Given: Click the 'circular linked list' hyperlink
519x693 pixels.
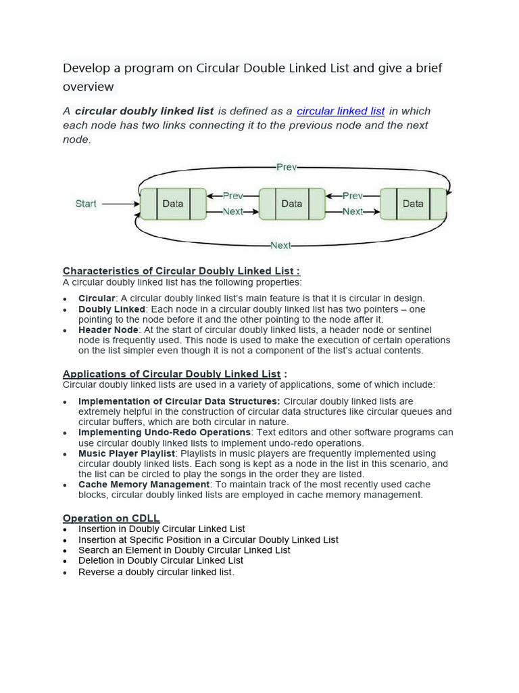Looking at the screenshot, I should (x=341, y=111).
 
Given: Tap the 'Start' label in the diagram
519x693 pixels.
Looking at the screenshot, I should (x=86, y=204).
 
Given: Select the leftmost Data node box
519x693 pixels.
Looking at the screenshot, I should (x=173, y=204).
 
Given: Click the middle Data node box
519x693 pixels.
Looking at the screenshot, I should (x=292, y=204).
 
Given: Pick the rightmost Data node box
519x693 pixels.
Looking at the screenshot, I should (x=413, y=204).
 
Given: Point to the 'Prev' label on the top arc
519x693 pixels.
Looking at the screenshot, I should (x=287, y=166).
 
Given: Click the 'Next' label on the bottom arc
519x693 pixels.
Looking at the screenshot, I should (x=280, y=245).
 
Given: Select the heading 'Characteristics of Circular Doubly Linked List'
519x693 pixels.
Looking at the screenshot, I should (x=181, y=271).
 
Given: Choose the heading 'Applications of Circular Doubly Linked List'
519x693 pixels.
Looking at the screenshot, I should (x=172, y=374).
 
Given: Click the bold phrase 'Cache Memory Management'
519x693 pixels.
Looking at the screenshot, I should (x=144, y=485).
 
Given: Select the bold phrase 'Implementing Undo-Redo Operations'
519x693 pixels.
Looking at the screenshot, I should (x=164, y=432).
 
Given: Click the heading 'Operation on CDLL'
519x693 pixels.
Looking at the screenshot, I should (x=111, y=518).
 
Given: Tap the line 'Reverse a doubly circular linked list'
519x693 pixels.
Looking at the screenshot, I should (x=156, y=572).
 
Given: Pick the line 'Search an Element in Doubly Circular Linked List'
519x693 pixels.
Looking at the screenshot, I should (x=184, y=550).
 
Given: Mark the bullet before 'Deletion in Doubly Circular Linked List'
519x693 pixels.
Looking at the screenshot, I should (x=65, y=562).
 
